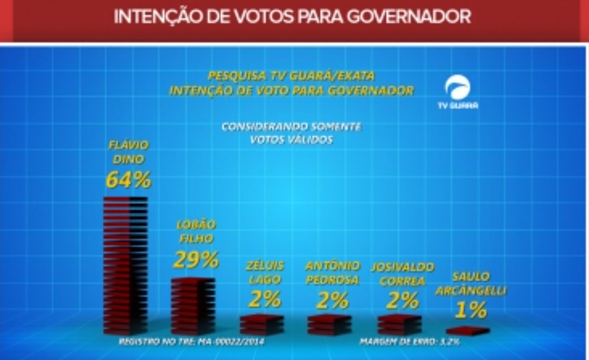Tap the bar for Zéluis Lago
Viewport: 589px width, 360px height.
coord(262,324)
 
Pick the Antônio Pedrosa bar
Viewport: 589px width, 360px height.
coord(329,324)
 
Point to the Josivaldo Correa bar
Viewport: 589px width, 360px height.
coord(400,324)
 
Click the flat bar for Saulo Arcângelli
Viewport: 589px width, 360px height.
coord(468,331)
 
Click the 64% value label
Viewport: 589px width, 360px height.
coord(128,180)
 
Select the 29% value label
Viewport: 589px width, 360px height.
coord(196,260)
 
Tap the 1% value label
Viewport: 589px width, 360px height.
coord(470,310)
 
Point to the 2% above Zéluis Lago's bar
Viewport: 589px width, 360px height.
coord(264,299)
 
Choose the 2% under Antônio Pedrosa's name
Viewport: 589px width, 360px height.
coord(332,300)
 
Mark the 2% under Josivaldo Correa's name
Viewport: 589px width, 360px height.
coord(402,300)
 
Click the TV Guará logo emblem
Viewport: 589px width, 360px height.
coord(458,87)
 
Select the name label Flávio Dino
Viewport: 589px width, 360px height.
coord(128,152)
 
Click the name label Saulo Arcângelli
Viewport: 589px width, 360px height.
coord(471,283)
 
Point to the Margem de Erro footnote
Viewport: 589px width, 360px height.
coord(409,341)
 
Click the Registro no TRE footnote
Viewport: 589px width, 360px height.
coord(191,341)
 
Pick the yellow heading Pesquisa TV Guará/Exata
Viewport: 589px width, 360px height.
coord(291,76)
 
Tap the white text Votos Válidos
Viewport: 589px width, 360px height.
coord(291,140)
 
